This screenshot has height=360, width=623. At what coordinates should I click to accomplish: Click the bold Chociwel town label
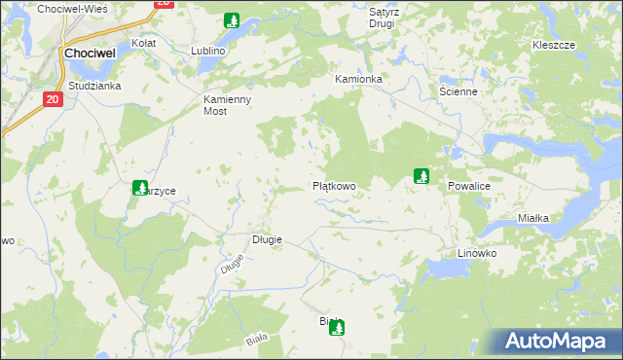pos(92,54)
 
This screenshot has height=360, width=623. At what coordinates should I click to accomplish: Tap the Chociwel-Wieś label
pos(72,8)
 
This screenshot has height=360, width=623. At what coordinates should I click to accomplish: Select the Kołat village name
pos(144,44)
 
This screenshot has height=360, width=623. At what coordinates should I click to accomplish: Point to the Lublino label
pos(208,51)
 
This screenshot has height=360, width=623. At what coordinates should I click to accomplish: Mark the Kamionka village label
pos(357,78)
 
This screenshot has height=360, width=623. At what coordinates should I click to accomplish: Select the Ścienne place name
pos(458,91)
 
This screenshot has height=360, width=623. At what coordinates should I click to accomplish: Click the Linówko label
pos(477,253)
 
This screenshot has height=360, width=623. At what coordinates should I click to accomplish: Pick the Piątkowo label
pos(334,185)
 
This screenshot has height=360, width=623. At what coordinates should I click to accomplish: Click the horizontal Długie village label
pos(267,239)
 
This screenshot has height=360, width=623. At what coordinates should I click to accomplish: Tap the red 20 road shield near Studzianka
pos(53,99)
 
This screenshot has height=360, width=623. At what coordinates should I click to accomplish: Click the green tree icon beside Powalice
pos(421,176)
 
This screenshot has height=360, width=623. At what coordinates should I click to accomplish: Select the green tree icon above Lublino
pos(232,20)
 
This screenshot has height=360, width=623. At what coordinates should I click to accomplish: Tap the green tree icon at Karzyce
pos(138,188)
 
